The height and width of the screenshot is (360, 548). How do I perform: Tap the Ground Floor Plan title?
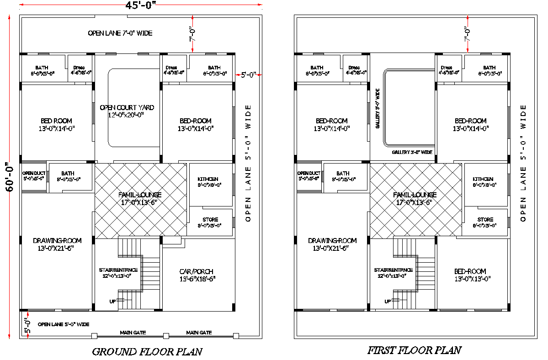(147, 351)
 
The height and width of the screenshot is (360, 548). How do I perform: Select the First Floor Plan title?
(414, 350)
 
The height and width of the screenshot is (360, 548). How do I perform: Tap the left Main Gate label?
(133, 333)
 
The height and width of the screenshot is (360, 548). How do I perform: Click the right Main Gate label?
(199, 333)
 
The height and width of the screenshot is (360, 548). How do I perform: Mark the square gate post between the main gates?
(166, 336)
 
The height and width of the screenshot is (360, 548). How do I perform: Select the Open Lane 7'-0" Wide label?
(120, 33)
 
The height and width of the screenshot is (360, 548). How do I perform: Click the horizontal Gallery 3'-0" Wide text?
(412, 152)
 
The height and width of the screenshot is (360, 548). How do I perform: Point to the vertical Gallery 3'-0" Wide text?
(378, 108)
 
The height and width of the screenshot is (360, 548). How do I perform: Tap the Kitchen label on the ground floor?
(208, 179)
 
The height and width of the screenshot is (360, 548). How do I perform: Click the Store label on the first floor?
(485, 220)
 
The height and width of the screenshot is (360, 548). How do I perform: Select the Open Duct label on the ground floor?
(34, 173)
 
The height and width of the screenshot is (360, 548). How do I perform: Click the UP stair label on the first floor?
(387, 301)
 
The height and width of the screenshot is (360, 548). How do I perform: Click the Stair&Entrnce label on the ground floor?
(118, 270)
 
